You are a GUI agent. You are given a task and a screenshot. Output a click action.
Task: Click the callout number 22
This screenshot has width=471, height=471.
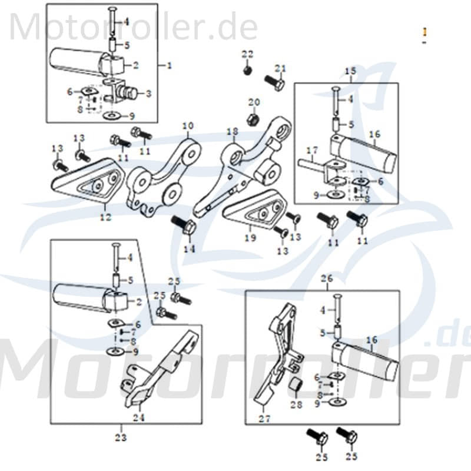point(247,54)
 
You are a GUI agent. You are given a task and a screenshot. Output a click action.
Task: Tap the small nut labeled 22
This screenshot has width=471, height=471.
point(247,71)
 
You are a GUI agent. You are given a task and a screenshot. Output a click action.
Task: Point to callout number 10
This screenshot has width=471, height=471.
point(187,125)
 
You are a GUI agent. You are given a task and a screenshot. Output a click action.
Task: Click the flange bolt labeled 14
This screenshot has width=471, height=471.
point(182,225)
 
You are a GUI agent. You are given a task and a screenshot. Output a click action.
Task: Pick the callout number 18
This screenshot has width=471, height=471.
point(231,131)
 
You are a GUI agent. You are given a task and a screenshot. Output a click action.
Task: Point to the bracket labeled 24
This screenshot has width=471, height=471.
point(159,371)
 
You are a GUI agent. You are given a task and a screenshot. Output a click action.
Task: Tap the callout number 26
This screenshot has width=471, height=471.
point(327,278)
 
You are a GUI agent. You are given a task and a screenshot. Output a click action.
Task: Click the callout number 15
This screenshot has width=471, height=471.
point(350,71)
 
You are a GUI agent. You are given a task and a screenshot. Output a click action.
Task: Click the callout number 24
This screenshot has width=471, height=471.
point(138,417)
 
